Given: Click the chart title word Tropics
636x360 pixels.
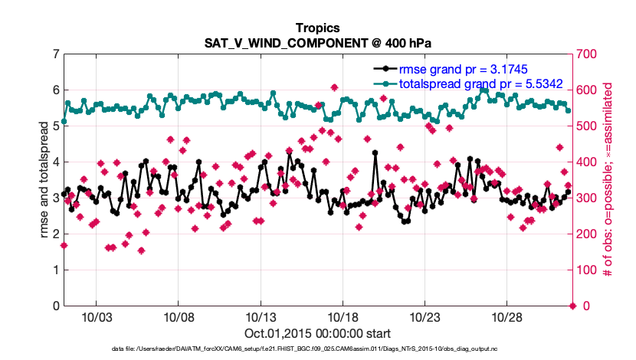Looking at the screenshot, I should pos(318,28).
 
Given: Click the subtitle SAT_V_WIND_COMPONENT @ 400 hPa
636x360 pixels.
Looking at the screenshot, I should pos(318,42).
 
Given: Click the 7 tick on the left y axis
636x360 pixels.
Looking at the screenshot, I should pos(56,54).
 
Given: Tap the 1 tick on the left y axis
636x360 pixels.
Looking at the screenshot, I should pos(56,270).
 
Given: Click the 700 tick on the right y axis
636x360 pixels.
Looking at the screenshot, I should pos(587,54).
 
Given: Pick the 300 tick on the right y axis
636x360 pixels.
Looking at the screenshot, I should pos(587,198).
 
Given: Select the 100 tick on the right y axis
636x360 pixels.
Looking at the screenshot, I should pos(587,270).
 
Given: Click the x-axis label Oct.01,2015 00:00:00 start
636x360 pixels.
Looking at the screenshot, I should pos(318,333).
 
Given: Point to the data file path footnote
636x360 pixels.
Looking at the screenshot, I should pos(318,350).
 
